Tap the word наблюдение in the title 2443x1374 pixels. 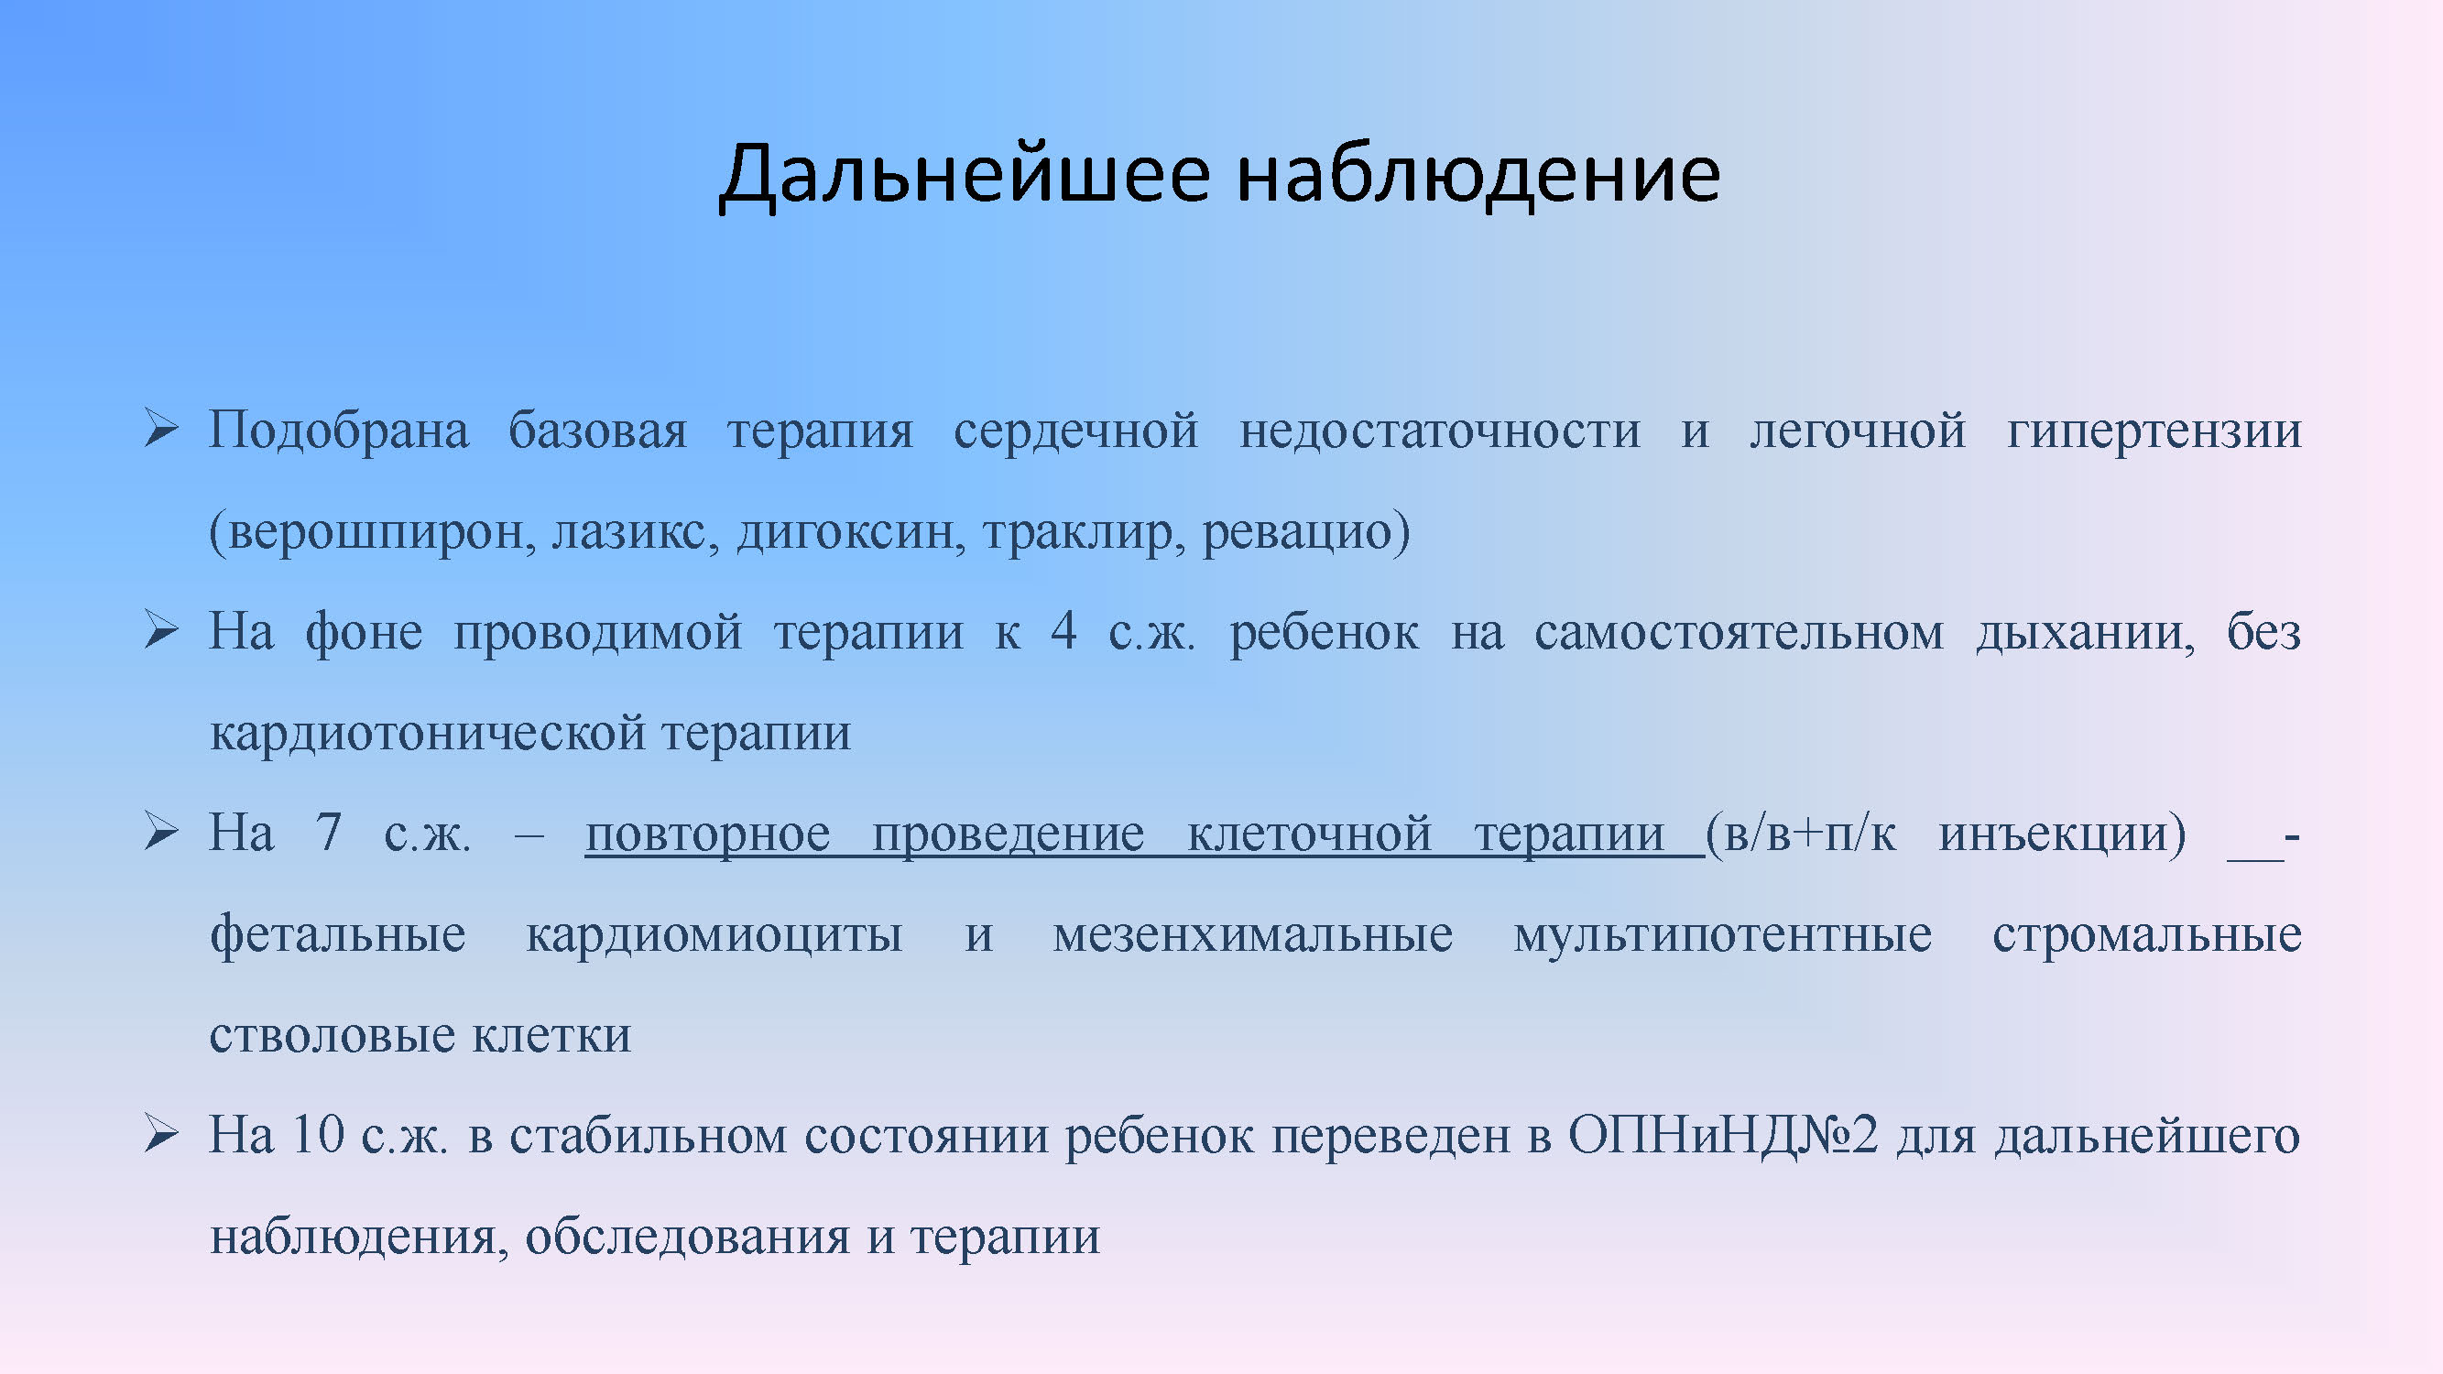point(1479,173)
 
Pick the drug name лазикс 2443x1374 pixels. point(630,531)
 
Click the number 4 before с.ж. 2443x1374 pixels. point(1064,630)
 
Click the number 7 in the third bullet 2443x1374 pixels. point(328,832)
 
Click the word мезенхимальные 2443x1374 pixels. point(1253,935)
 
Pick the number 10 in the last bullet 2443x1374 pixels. point(318,1134)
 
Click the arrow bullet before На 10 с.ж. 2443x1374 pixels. point(161,1134)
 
